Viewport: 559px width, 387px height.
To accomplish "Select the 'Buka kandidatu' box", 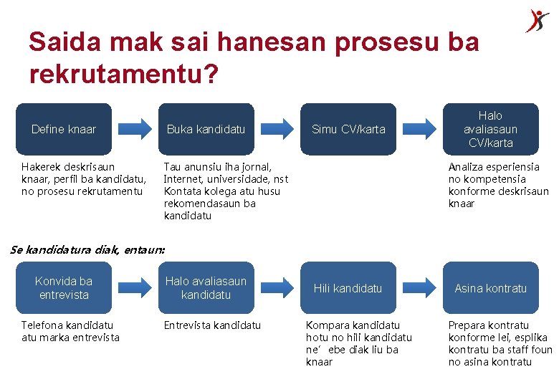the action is [x=206, y=129].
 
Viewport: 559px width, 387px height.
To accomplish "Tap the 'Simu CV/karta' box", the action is [x=348, y=129].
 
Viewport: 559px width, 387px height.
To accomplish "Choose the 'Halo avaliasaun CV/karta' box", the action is [x=490, y=129].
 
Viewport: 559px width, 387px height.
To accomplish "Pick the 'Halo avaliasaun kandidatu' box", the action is [x=206, y=288].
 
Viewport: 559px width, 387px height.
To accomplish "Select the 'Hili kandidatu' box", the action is [x=348, y=288].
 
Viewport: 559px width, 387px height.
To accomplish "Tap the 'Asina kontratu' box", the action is [x=490, y=288].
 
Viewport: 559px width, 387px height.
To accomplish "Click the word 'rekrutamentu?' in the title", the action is [x=124, y=73].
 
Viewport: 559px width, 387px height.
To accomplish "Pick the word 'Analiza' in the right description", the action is [x=467, y=167].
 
